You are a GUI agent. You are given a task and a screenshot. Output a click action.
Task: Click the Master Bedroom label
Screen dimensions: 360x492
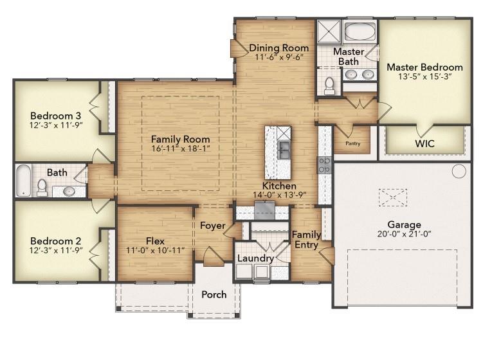click(424, 67)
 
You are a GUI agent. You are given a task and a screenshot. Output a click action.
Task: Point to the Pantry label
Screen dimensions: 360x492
click(352, 143)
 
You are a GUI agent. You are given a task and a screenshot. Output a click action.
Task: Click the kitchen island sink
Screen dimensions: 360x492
click(283, 152)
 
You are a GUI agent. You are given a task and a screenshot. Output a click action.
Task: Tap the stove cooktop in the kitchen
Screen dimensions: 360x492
click(324, 165)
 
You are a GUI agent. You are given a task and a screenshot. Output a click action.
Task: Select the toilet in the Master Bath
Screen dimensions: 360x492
click(329, 84)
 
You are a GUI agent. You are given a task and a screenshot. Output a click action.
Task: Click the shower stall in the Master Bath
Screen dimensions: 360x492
click(327, 31)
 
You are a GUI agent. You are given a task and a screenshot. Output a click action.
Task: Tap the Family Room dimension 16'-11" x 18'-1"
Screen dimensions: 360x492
click(180, 149)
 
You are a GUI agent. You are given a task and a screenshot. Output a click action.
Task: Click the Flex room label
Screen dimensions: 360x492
click(155, 241)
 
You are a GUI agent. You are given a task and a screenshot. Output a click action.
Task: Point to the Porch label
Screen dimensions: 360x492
click(214, 294)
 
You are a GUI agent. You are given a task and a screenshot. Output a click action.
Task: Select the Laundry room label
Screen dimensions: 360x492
click(255, 258)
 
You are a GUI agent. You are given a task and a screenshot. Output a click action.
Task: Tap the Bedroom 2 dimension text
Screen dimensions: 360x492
click(55, 251)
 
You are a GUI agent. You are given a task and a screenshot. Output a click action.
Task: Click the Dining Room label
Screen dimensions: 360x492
click(278, 48)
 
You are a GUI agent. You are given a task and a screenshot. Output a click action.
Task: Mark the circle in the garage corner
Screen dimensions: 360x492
click(458, 171)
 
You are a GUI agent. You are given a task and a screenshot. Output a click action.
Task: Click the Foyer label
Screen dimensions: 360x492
click(212, 226)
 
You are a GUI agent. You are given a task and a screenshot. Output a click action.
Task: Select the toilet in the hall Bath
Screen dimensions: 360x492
click(42, 187)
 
